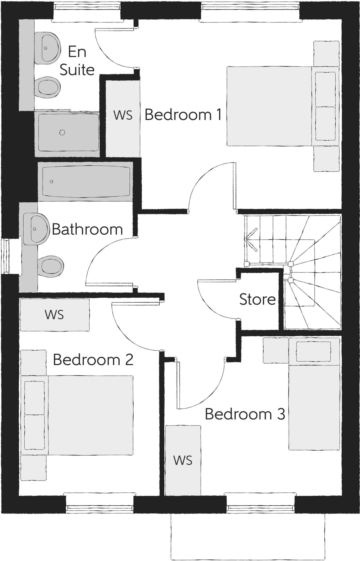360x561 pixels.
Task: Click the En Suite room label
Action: (77, 61)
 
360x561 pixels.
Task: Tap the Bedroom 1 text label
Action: (183, 115)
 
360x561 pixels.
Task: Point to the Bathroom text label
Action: (87, 229)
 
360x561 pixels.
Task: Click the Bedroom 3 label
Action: (245, 414)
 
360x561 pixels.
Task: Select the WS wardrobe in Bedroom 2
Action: (54, 315)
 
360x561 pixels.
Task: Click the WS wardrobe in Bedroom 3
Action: (183, 460)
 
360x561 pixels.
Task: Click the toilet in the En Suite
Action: (48, 87)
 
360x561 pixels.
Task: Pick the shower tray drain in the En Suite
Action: (62, 133)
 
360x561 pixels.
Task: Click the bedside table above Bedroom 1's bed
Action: (326, 53)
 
